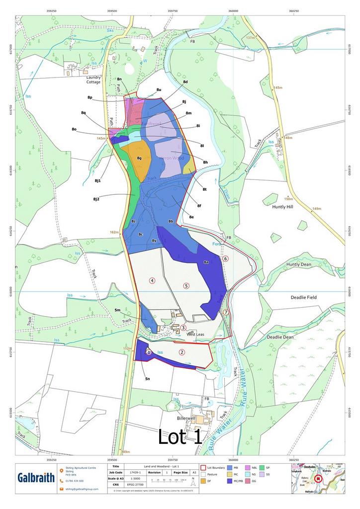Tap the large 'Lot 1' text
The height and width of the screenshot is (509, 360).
(180, 436)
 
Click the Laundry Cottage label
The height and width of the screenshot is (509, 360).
(93, 80)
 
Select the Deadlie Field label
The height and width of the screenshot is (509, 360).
(303, 297)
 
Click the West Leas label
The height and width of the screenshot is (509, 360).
(196, 335)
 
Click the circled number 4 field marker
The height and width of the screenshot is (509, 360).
(152, 280)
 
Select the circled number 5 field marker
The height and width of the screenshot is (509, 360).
(186, 285)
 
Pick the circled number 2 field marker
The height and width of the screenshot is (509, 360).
(182, 352)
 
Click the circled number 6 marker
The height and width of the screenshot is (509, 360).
(225, 258)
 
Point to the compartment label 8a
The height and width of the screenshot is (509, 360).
(206, 262)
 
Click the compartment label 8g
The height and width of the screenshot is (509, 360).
(140, 158)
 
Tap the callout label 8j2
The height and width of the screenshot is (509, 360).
(96, 199)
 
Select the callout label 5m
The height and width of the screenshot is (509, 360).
(118, 310)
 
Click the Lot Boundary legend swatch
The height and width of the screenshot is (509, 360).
(203, 468)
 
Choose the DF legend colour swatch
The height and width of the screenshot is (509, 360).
(203, 481)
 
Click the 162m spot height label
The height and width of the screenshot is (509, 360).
(114, 232)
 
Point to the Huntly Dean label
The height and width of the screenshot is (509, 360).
(298, 264)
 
